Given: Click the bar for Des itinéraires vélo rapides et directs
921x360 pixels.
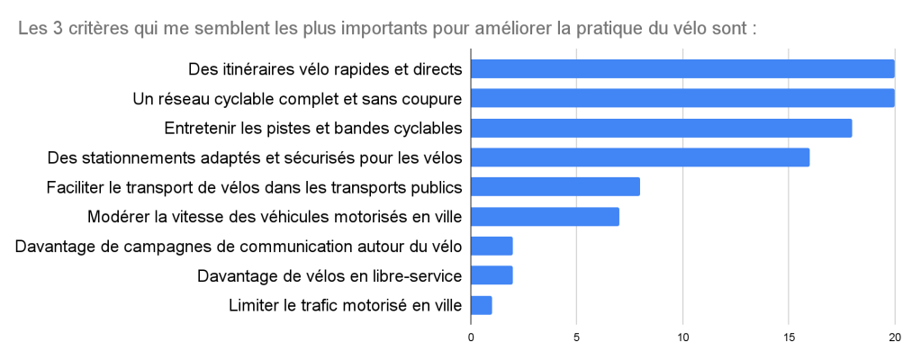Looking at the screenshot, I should [682, 69].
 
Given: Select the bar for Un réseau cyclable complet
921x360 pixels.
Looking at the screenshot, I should [682, 98].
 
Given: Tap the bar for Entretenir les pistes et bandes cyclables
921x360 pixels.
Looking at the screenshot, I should [661, 128].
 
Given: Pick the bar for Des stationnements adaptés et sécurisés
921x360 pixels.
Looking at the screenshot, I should [640, 157].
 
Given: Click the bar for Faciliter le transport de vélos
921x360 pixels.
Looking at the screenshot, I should [555, 186].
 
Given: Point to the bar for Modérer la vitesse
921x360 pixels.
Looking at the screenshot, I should [545, 216].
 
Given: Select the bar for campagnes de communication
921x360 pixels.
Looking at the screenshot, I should [492, 246].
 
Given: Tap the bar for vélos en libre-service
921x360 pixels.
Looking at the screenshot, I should [492, 275].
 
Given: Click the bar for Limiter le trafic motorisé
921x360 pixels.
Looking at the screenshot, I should [482, 305].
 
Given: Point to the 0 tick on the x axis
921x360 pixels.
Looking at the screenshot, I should [471, 337].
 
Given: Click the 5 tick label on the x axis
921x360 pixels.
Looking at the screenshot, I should [577, 337].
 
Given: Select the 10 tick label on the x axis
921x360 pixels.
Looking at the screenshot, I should [682, 337].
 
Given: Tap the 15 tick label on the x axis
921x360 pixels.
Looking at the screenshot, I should [789, 337].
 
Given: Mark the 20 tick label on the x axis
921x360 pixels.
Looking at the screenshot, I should [894, 337].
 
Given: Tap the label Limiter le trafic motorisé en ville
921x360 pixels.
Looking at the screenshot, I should [346, 305].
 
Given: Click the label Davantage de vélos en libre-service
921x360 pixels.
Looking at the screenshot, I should [330, 275].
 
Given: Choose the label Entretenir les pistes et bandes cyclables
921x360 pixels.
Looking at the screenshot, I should [313, 128].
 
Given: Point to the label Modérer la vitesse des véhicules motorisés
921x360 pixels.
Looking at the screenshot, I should [275, 216].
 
